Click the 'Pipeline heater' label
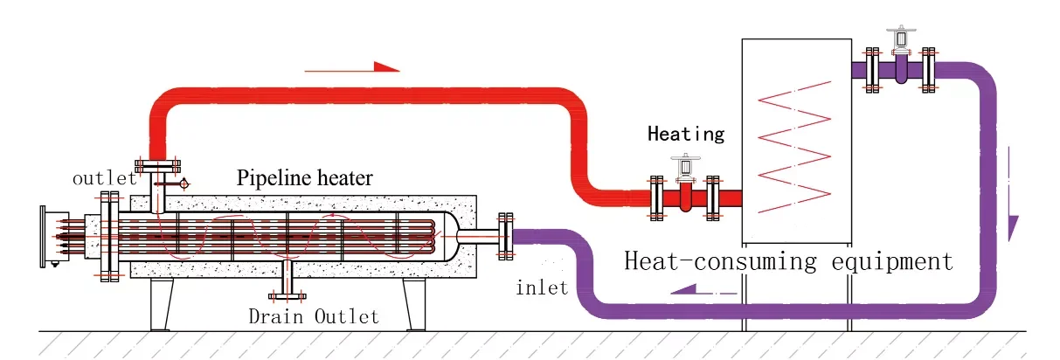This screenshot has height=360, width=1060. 305,179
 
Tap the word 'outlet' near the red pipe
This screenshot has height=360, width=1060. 104,178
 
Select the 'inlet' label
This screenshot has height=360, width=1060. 542,287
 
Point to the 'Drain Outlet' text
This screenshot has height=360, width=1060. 314,315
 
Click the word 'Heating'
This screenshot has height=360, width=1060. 686,134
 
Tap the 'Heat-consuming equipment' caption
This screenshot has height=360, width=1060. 787,260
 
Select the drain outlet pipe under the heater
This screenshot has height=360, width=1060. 288,280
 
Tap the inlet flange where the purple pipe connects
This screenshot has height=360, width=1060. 504,236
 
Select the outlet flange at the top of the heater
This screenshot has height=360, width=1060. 157,166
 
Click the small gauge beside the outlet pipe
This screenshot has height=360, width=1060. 184,183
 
